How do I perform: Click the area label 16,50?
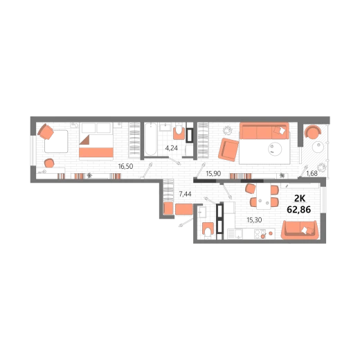125,166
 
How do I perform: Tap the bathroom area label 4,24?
172,148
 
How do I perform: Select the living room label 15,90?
213,173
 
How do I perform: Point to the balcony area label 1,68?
312,173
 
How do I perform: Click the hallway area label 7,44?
186,194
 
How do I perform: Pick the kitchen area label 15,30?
254,220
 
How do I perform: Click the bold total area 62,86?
299,210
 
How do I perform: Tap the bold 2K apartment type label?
300,198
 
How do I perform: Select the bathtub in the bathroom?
151,139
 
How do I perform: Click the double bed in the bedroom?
96,141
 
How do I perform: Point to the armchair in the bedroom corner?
46,132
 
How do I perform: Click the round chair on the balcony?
313,132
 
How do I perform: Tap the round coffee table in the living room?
275,149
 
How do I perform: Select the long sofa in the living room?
264,131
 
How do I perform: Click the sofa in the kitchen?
300,230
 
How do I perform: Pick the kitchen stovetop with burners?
260,234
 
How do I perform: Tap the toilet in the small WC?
208,229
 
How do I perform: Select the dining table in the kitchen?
264,197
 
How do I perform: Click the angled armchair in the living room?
228,150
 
